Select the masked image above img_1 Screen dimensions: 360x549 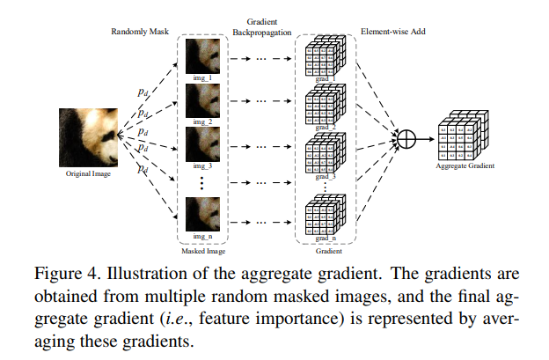[202, 55]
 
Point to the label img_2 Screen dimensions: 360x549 [202, 122]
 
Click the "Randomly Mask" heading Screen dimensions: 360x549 [139, 32]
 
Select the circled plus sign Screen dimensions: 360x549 [406, 139]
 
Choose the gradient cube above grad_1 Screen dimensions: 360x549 [322, 56]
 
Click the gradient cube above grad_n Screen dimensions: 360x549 [322, 216]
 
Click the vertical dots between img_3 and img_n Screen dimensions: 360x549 [202, 182]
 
